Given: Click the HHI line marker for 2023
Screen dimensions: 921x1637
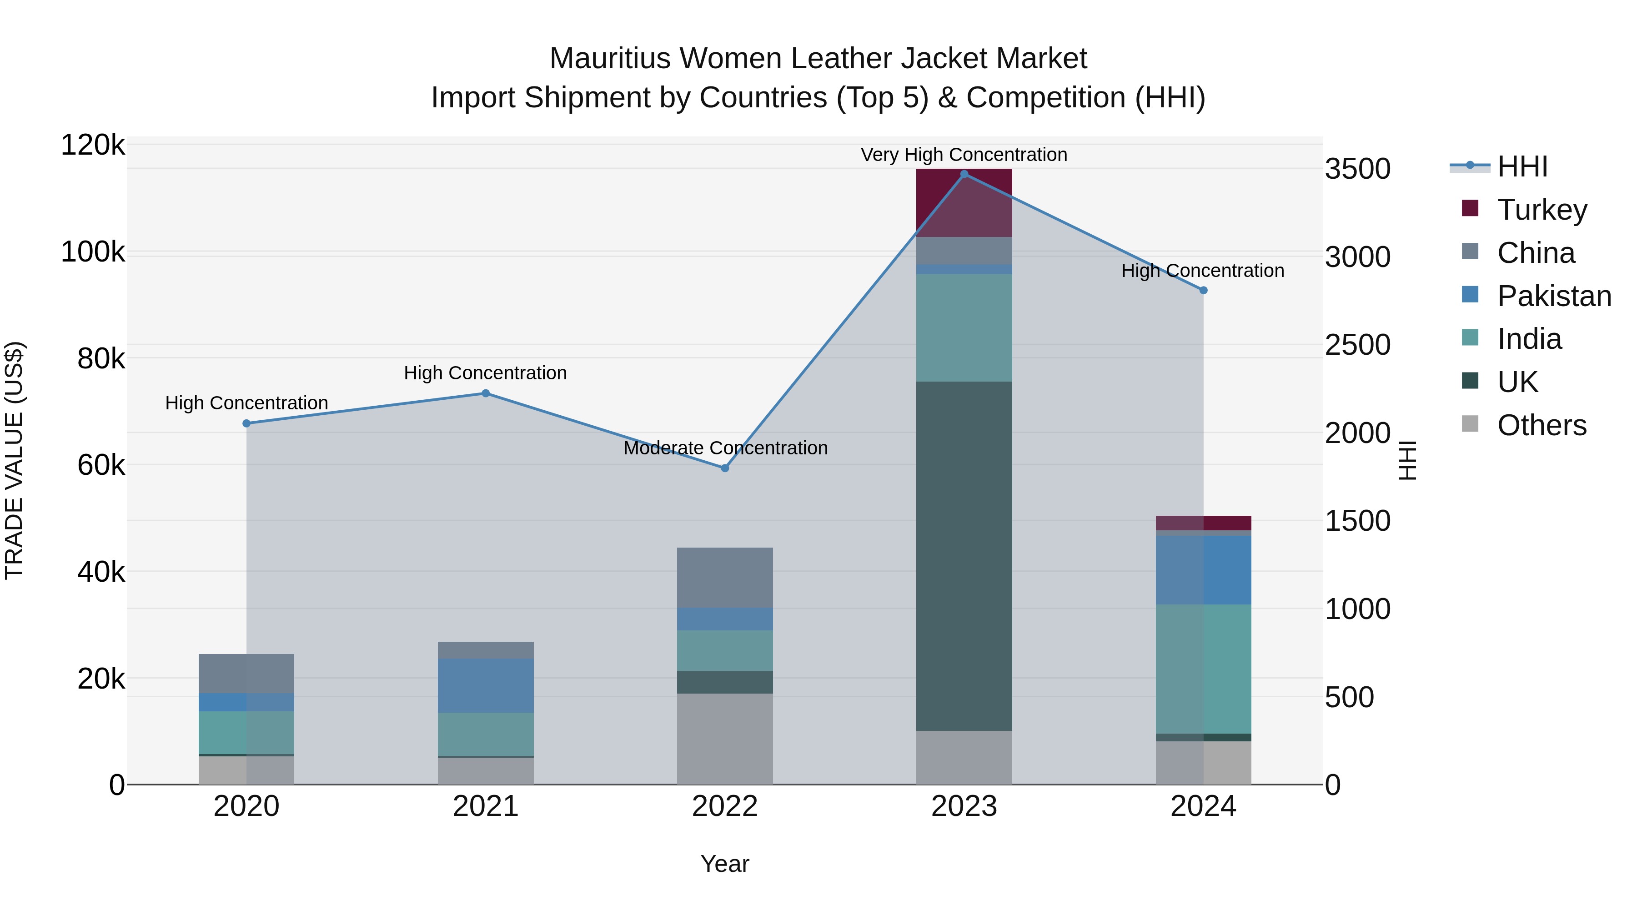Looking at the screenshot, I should [964, 174].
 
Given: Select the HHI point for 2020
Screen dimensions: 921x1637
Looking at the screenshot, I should [246, 423].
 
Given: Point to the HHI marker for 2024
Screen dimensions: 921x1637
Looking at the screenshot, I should [1203, 291].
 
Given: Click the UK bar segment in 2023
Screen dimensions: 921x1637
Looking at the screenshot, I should [964, 556].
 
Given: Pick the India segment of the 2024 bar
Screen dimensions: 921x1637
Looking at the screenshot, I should [1203, 669].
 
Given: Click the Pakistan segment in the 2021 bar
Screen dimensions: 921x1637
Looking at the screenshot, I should [486, 685].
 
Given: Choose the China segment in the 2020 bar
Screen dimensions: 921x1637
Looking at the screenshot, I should [246, 673].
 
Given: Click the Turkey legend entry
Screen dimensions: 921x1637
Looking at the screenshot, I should [1542, 210].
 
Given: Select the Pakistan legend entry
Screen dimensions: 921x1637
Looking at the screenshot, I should [1554, 296].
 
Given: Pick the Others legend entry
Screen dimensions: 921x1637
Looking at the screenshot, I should [1541, 425].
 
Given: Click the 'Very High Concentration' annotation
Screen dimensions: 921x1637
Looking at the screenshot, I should [964, 155].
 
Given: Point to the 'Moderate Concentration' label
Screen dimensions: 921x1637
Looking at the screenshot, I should [725, 448].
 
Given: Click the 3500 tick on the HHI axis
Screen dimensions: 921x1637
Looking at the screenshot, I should [1357, 169].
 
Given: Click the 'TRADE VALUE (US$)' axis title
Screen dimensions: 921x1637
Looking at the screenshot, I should [14, 460].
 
